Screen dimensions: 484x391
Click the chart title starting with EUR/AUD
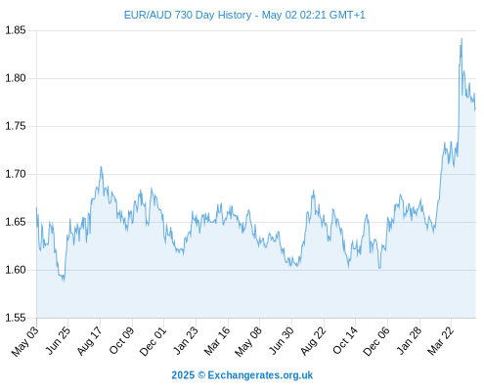click(244, 15)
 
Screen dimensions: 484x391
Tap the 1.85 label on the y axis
click(16, 30)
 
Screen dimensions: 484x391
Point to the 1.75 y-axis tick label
click(16, 126)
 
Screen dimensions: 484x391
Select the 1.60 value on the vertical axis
click(16, 270)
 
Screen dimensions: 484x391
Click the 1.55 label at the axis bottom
click(16, 318)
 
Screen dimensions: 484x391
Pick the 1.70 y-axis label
click(16, 174)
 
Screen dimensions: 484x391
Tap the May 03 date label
click(24, 341)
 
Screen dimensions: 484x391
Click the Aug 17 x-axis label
click(89, 341)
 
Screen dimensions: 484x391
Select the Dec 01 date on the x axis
click(153, 341)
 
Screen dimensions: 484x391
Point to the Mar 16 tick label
click(217, 341)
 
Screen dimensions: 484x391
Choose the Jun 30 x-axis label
click(281, 341)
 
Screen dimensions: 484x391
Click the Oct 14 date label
click(345, 341)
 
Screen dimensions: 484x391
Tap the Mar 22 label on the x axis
click(440, 341)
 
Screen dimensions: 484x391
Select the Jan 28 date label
click(409, 341)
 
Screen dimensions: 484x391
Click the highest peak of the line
click(462, 39)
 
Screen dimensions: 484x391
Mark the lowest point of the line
click(64, 281)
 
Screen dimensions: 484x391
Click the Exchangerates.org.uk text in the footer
click(260, 375)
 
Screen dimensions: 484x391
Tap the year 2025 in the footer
click(183, 375)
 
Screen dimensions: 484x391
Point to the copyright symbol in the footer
click(201, 375)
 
